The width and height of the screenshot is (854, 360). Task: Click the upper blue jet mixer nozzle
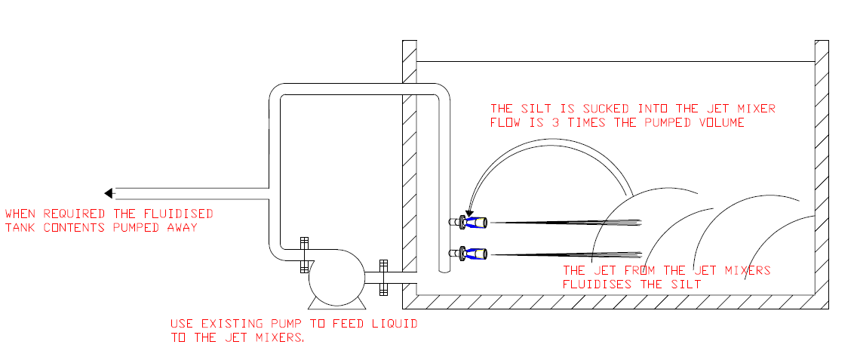475,222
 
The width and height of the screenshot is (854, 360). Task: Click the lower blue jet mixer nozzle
475,254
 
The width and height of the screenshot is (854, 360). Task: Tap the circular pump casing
336,278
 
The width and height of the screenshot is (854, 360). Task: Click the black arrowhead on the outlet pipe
109,192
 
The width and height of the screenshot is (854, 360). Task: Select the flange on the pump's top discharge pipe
305,255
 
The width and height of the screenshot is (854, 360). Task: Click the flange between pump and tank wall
383,277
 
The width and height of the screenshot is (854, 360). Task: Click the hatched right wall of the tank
822,174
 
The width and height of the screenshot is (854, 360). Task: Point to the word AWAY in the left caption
183,228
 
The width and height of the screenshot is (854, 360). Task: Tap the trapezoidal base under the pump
336,303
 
